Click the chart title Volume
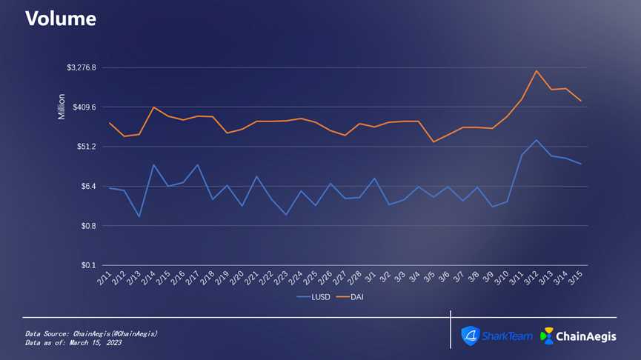point(61,19)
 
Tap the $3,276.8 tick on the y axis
point(82,68)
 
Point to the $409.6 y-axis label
point(84,107)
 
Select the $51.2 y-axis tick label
point(87,147)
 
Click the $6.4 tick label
point(89,186)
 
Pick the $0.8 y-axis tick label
point(89,225)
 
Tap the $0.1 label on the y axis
point(89,265)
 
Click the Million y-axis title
point(62,107)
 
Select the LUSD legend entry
point(314,297)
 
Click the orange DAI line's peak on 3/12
point(537,70)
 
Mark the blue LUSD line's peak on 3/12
point(537,139)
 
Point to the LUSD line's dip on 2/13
point(139,216)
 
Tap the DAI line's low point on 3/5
point(434,141)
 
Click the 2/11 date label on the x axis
point(104,279)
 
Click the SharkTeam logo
point(496,336)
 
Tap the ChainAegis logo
point(578,336)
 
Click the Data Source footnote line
point(91,334)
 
